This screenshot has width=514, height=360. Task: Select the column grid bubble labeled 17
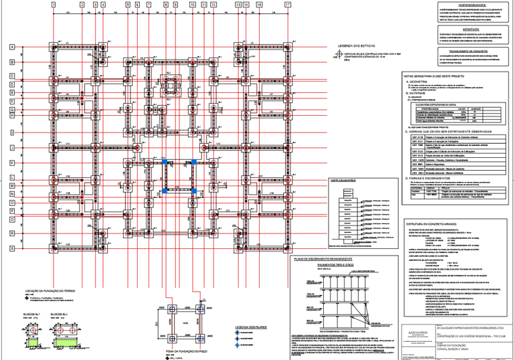tap(288, 5)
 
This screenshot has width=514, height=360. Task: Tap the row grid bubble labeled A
tap(12, 47)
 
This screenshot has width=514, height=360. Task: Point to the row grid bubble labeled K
tap(12, 163)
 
